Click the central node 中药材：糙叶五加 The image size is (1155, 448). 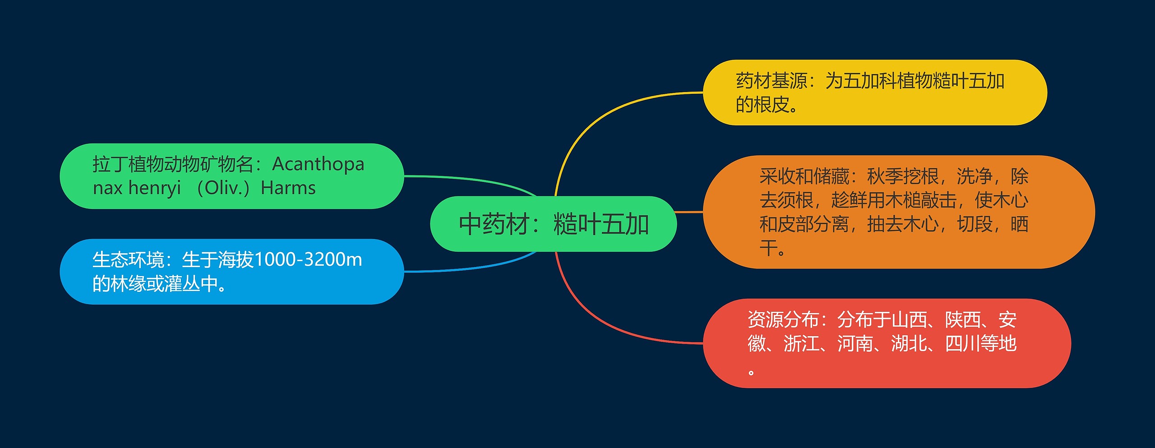[x=553, y=224]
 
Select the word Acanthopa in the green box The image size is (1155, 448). [x=318, y=164]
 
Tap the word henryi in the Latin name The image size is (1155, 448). [x=154, y=188]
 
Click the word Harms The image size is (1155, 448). [x=288, y=188]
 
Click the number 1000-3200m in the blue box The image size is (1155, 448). [x=308, y=260]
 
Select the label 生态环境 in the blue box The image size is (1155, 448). [x=128, y=260]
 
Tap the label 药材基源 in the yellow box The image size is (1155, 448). [x=772, y=81]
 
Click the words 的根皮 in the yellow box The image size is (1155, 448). [x=762, y=105]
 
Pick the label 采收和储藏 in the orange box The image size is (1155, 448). [x=804, y=176]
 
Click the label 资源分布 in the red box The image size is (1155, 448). [x=783, y=320]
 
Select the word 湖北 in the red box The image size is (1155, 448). [x=909, y=344]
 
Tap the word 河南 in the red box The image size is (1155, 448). [x=855, y=344]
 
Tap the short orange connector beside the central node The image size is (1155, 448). [x=689, y=212]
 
